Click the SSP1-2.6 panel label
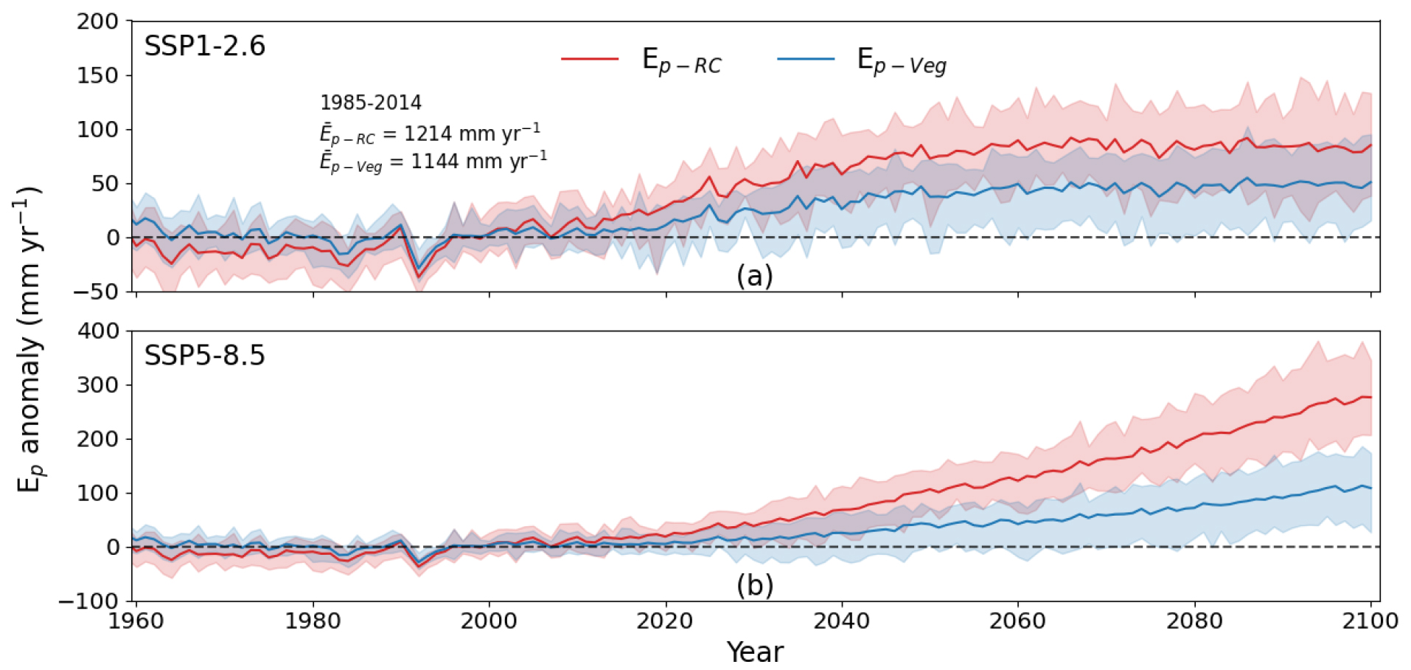pos(204,46)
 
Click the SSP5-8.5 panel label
pos(204,356)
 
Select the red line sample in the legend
pos(590,58)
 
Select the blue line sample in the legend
pos(806,58)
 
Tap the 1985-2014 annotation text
pos(370,103)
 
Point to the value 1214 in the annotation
pos(428,134)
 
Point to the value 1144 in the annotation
pos(435,162)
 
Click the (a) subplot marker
pos(754,276)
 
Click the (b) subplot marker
pos(754,585)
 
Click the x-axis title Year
pos(755,652)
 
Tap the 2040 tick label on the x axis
pos(841,621)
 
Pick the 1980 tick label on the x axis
pos(313,621)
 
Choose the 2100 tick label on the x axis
pos(1370,621)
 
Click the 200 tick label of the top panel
pos(97,21)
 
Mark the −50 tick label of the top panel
pos(96,291)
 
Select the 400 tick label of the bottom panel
pos(97,331)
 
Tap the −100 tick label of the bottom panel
pos(89,601)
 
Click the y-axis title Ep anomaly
pos(29,339)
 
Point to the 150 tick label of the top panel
pos(97,75)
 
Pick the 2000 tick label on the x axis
pos(489,621)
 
